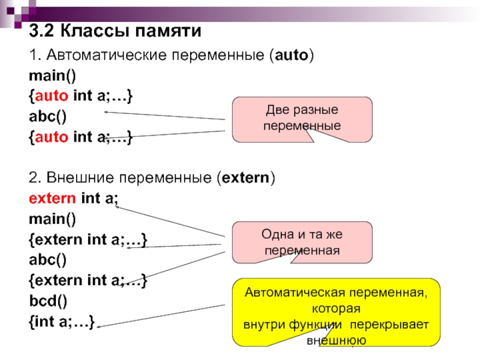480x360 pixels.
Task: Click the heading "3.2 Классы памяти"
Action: (x=115, y=31)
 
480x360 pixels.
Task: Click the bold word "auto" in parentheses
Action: (x=291, y=56)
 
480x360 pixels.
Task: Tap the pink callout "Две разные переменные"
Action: (x=302, y=118)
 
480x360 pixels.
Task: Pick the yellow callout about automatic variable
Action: (x=336, y=312)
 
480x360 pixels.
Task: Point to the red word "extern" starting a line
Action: (x=52, y=198)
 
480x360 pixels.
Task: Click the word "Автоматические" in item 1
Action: (x=104, y=56)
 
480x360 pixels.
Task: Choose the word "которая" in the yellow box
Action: (x=336, y=310)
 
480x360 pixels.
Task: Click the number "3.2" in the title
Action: (x=43, y=31)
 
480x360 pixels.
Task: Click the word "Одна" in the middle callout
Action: (x=275, y=235)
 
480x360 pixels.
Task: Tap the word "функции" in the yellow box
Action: (x=322, y=325)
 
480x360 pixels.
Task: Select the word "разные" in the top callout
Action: (x=314, y=111)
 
